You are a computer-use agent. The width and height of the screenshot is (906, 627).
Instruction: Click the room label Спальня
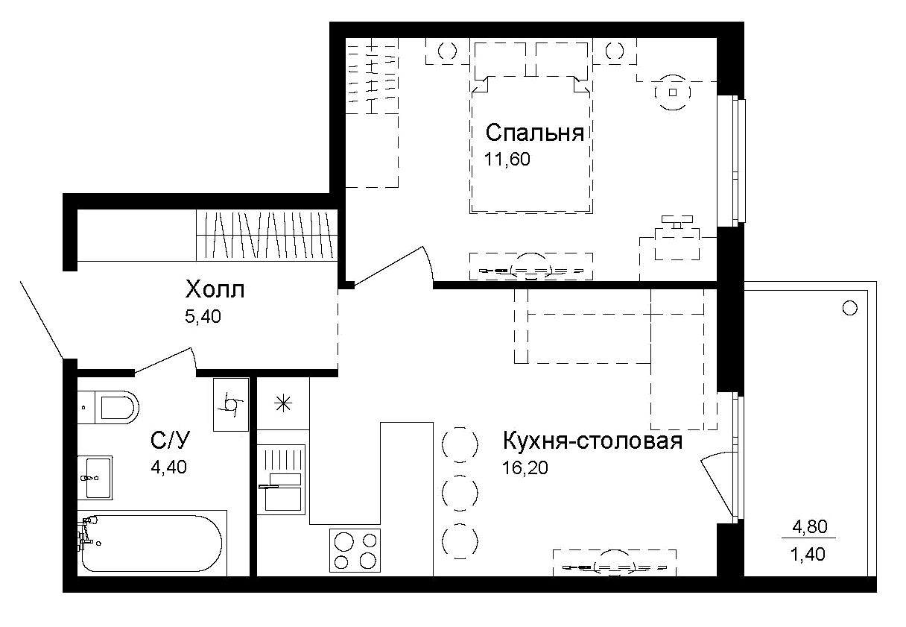[x=533, y=133]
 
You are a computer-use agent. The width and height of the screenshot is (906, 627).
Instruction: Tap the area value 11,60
[x=507, y=159]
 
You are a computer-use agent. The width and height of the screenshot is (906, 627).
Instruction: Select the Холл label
[x=215, y=289]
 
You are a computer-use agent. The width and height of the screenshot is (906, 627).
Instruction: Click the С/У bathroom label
[x=171, y=441]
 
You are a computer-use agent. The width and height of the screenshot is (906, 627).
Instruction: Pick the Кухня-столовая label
[x=593, y=441]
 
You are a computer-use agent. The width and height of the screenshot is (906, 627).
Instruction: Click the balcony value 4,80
[x=808, y=528]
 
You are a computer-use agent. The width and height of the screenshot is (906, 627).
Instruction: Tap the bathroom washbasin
[x=97, y=477]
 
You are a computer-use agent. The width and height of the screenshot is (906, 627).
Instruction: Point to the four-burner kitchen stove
[x=355, y=550]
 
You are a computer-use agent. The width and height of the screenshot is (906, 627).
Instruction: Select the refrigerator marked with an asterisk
[x=282, y=405]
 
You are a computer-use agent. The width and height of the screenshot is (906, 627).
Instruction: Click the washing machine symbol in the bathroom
[x=230, y=405]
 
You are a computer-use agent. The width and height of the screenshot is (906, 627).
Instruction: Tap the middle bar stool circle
[x=459, y=491]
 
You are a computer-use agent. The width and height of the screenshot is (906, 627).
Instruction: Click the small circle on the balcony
[x=849, y=308]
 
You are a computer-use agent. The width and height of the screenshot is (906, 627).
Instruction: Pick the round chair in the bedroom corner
[x=674, y=92]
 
